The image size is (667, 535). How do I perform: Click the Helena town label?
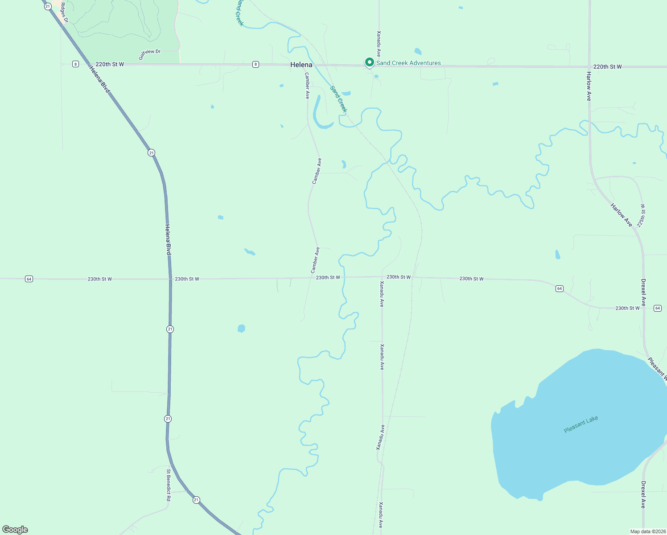301,65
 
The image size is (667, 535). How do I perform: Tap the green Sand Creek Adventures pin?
369,62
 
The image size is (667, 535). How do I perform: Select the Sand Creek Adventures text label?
408,63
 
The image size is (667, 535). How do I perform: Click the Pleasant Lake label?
581,424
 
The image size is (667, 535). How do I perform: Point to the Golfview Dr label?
149,54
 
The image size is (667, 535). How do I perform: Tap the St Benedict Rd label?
169,485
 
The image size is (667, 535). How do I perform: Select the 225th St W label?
641,216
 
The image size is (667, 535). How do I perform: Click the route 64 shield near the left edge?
29,279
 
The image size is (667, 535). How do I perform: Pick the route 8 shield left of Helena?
255,64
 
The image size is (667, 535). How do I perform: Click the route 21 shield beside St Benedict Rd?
196,500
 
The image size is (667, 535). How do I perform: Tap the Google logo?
15,530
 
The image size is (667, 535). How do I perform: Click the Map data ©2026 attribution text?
647,531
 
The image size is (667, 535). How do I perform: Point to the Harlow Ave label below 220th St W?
589,86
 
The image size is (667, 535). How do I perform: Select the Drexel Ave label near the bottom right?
643,494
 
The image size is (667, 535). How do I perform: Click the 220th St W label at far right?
607,67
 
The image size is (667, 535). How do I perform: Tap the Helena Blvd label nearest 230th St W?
168,239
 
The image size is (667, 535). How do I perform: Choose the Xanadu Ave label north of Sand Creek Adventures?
379,44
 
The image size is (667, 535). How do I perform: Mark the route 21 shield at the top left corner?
48,6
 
